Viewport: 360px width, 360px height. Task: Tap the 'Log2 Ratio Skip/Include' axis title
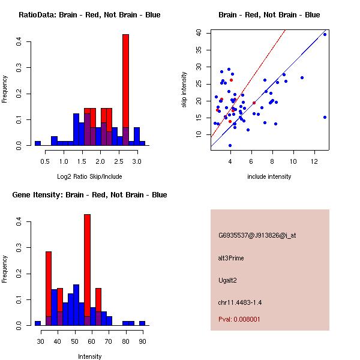coord(89,176)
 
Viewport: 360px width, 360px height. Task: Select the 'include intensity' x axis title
coord(269,176)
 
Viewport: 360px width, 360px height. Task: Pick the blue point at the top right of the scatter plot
coord(325,34)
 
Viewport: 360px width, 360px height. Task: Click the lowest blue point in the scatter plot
coord(230,145)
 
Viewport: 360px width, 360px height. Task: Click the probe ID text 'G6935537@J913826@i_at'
coord(257,235)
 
